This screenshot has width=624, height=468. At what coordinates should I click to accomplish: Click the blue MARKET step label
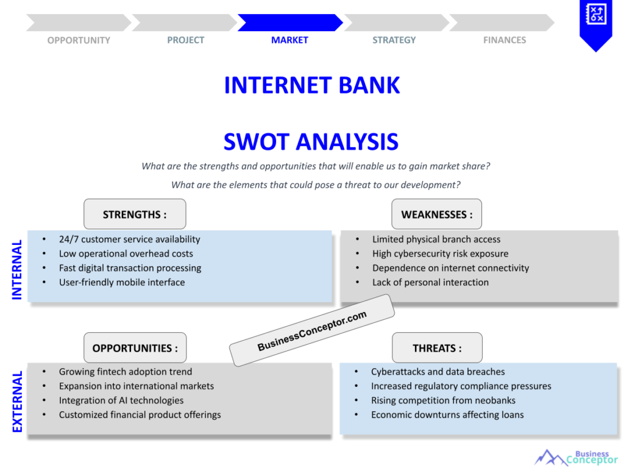tap(289, 40)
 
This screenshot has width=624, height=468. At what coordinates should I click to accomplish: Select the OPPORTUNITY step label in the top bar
tap(79, 40)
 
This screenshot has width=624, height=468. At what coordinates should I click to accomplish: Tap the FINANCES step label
tap(505, 40)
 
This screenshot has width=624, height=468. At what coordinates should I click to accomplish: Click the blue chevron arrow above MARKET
tap(289, 23)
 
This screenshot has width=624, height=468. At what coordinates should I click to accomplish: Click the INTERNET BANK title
tap(312, 85)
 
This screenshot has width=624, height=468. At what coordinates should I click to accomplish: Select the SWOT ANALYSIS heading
tap(311, 142)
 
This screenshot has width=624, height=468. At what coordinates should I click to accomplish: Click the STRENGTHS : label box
tap(135, 214)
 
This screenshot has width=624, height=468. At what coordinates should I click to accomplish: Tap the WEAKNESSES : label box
tap(436, 214)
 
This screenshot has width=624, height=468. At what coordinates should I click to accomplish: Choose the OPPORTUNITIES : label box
tap(135, 349)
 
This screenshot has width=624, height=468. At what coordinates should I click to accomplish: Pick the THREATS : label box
tap(437, 349)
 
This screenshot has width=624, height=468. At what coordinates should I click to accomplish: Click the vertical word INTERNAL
tap(17, 269)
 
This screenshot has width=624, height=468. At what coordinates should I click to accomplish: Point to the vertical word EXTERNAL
tap(17, 402)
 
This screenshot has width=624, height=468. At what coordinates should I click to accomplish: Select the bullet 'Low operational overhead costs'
tap(126, 253)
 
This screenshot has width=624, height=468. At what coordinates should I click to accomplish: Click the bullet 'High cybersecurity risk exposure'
tap(440, 253)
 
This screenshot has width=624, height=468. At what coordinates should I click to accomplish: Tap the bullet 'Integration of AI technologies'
tap(121, 400)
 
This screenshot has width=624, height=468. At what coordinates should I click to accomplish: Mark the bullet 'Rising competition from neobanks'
tap(443, 400)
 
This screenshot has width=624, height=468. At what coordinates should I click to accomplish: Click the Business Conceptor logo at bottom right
tap(576, 456)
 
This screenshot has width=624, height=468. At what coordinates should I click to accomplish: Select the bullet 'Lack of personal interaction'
tap(430, 282)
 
